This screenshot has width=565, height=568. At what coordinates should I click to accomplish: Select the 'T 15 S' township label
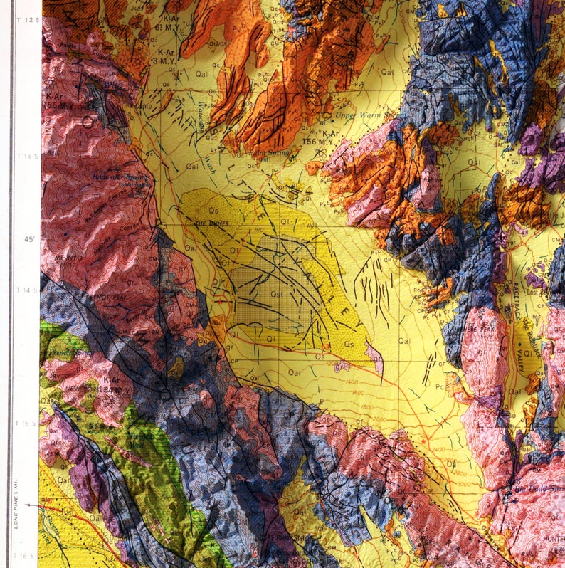click(28, 423)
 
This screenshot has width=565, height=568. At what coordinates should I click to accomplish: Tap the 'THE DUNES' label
click(210, 223)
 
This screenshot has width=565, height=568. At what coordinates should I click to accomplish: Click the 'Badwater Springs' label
click(110, 176)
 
